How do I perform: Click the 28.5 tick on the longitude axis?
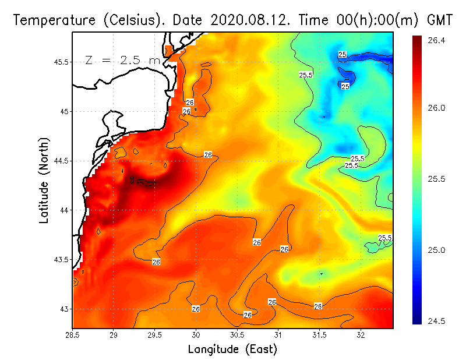[x=73, y=336]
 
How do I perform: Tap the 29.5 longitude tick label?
[x=156, y=336]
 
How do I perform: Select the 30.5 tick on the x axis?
[x=237, y=336]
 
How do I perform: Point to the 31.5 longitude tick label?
[x=319, y=336]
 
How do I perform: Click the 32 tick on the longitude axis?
[x=361, y=336]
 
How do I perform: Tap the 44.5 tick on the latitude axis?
[x=59, y=161]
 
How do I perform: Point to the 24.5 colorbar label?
[x=435, y=321]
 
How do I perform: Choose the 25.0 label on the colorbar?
[x=435, y=250]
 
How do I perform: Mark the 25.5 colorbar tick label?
[x=435, y=179]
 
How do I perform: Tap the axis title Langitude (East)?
[x=232, y=350]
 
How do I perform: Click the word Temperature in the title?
[x=51, y=20]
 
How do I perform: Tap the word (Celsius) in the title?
[x=126, y=20]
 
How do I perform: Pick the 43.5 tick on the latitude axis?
[x=59, y=259]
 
